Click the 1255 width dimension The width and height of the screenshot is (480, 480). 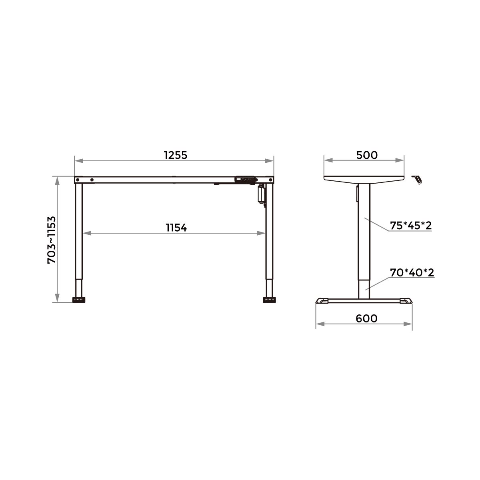click(x=175, y=155)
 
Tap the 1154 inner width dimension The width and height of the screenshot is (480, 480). click(x=176, y=228)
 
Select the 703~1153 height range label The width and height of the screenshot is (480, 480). click(x=52, y=240)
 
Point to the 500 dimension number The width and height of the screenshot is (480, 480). click(x=367, y=155)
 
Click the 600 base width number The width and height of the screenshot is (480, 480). click(x=366, y=318)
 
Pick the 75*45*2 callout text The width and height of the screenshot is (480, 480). click(x=411, y=226)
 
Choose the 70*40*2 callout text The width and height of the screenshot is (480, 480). click(x=412, y=273)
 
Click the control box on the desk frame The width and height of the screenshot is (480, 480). click(x=245, y=179)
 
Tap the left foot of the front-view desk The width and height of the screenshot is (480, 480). click(x=79, y=300)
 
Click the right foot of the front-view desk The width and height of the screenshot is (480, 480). click(x=269, y=300)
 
